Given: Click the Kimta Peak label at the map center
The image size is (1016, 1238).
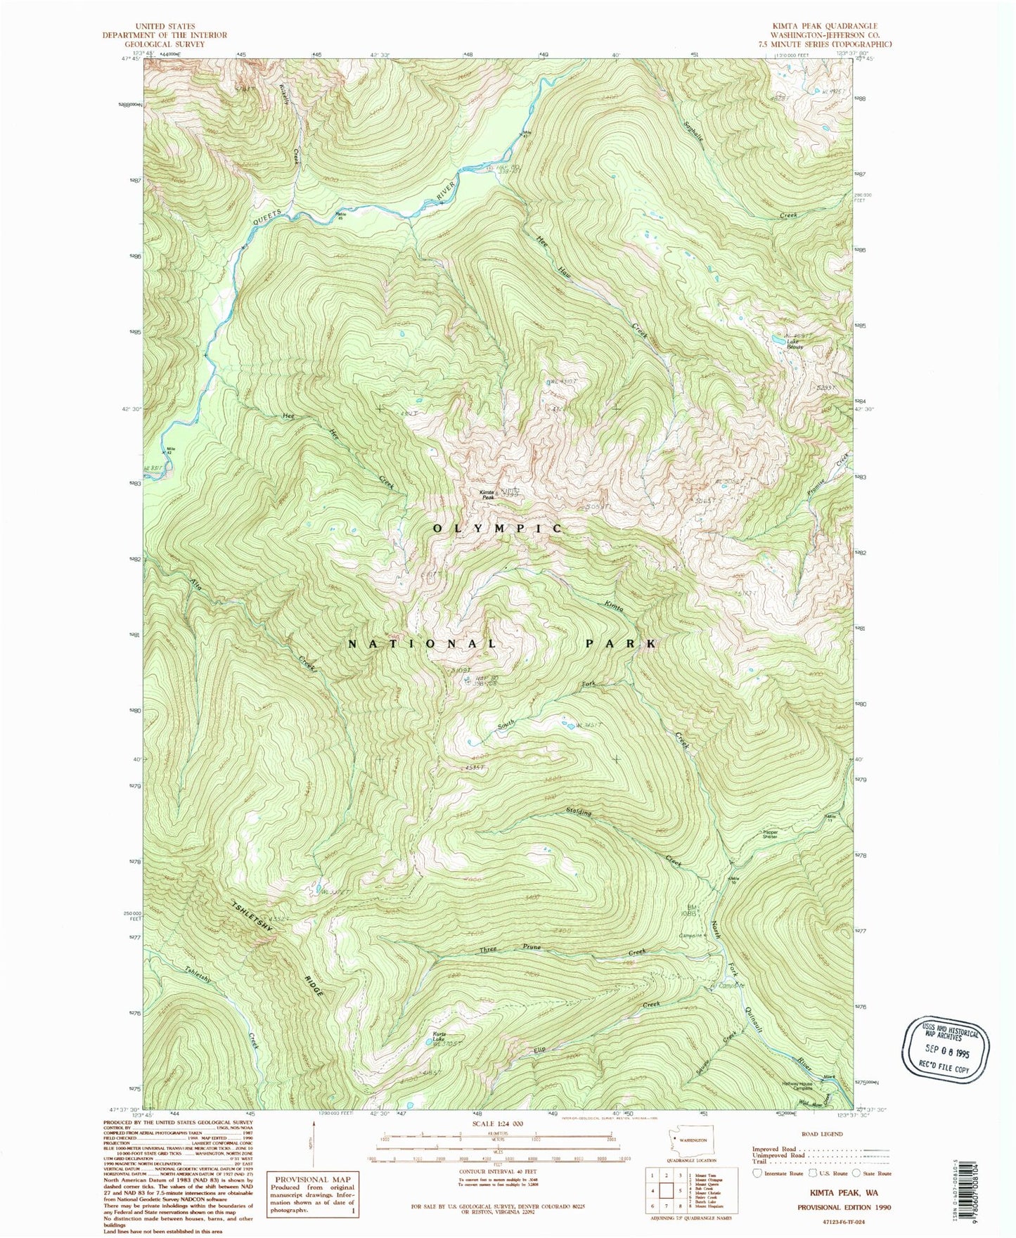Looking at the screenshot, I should point(488,494).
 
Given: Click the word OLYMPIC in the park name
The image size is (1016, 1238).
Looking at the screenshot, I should point(498,528).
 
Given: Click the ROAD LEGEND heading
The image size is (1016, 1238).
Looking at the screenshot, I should point(823,1134).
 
